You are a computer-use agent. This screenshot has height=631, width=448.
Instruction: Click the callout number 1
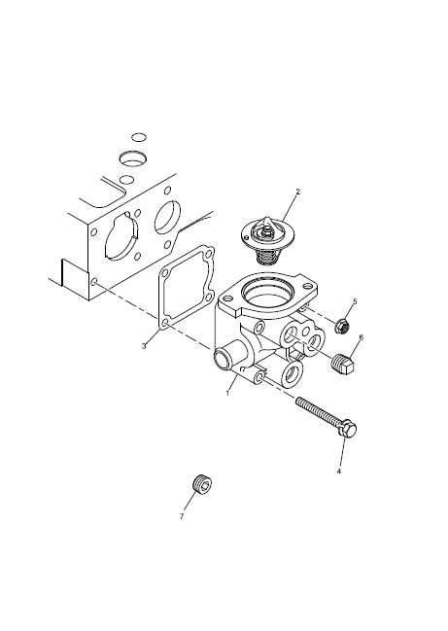pos(227,393)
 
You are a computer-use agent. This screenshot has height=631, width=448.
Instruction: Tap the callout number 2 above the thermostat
pos(297,192)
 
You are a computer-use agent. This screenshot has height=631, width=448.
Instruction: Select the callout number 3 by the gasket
pos(144,346)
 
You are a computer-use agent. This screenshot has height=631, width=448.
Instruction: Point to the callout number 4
pos(338,471)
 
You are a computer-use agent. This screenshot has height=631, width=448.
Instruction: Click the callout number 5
pos(355,301)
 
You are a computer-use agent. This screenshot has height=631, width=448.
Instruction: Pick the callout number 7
pos(182,516)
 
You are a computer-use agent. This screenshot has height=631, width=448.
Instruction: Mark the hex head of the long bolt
pos(347,430)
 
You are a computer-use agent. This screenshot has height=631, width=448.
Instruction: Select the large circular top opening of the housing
pos(269,295)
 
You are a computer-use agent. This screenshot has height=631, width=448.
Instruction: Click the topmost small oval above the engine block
pos(139,137)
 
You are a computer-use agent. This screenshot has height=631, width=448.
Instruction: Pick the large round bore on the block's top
pos(133,158)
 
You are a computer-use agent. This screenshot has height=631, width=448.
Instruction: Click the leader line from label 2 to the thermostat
pos(289,207)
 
